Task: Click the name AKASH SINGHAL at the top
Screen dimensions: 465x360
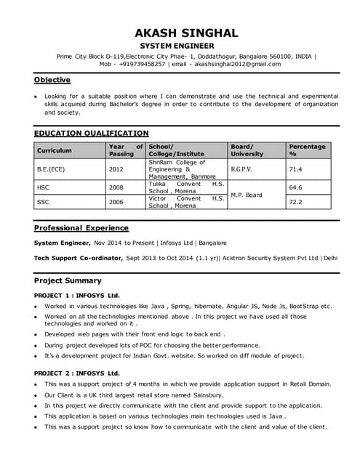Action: click(x=186, y=33)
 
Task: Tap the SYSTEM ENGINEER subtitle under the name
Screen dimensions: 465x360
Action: click(x=186, y=46)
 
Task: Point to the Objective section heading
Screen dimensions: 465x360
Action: click(x=52, y=80)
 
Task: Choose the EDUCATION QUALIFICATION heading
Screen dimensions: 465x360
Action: click(x=92, y=133)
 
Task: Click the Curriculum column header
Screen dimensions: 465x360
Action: click(x=55, y=150)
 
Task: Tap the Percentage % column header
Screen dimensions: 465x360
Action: click(x=307, y=150)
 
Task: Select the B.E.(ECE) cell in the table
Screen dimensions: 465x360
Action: click(x=52, y=169)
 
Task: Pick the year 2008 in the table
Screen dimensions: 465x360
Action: click(x=116, y=187)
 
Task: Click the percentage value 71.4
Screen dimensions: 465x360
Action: click(x=295, y=169)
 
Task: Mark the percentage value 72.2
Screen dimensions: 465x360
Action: click(x=295, y=201)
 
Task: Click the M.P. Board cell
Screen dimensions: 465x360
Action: click(x=246, y=195)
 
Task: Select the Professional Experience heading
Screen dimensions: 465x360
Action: click(x=81, y=227)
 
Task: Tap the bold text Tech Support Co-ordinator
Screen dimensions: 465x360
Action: click(x=81, y=258)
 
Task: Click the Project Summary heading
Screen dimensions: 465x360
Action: click(x=68, y=280)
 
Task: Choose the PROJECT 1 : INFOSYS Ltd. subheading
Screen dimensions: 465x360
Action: click(x=77, y=296)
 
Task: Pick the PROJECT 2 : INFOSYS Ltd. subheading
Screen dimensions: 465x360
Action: click(x=77, y=373)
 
